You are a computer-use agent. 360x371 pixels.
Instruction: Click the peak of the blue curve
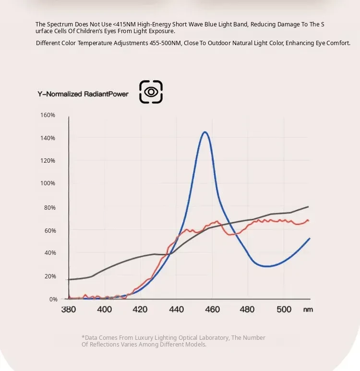(x=205, y=132)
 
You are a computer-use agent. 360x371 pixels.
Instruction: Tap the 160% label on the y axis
(x=48, y=115)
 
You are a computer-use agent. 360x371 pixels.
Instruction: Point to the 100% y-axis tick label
(x=48, y=183)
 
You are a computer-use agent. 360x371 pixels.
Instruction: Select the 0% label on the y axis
(x=53, y=299)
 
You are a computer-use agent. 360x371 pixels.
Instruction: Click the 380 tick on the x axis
(x=69, y=309)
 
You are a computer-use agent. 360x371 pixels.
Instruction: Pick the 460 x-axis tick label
(x=212, y=309)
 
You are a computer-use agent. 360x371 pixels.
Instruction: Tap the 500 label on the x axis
(x=284, y=309)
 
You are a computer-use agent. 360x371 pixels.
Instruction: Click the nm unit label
(x=308, y=310)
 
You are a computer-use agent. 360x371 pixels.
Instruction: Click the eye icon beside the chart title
(x=151, y=92)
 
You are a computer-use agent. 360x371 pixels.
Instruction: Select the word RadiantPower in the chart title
(x=106, y=94)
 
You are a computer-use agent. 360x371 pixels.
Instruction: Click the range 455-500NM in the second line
(x=166, y=43)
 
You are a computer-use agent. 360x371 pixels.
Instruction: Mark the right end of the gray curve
(x=308, y=206)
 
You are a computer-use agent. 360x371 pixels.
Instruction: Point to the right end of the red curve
(x=309, y=221)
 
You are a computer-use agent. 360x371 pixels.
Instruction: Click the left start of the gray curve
(x=68, y=280)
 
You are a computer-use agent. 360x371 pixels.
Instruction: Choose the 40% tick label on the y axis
(x=50, y=253)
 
